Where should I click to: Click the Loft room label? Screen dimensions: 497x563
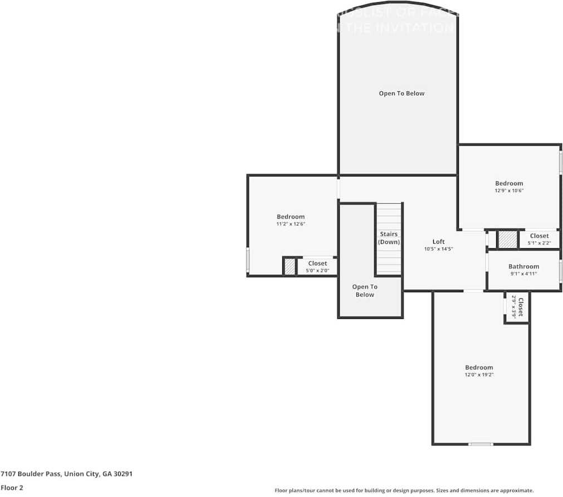[439, 242]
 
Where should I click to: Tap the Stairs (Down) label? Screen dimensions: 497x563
[389, 238]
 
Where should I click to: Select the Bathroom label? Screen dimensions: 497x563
[523, 267]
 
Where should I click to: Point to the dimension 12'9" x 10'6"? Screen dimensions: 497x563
[509, 190]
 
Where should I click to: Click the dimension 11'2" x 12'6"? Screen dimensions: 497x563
[291, 224]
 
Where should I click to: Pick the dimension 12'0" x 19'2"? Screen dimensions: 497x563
[479, 375]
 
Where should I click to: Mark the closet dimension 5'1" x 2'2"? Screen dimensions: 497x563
[539, 243]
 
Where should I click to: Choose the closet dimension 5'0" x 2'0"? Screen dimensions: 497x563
[317, 270]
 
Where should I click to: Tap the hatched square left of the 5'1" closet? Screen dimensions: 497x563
[507, 239]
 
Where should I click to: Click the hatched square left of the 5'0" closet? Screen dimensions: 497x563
[290, 267]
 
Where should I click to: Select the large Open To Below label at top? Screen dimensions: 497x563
[402, 94]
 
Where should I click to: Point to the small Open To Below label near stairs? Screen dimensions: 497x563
[365, 291]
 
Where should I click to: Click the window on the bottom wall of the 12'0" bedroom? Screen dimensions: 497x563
[481, 444]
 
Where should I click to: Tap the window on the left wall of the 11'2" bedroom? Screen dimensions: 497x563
[248, 259]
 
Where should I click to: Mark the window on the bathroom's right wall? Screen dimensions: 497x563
[560, 270]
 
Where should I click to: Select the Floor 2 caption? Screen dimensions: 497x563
[12, 488]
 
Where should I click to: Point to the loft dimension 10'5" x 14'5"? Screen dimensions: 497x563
[439, 249]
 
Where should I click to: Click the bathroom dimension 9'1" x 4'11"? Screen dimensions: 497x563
[523, 274]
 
